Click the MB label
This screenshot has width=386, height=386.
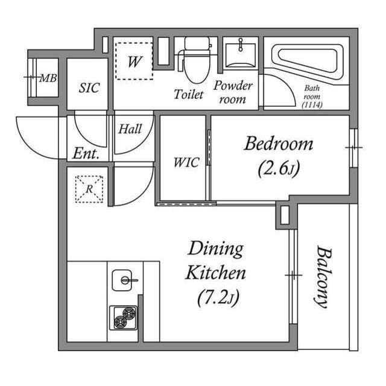pos(48,78)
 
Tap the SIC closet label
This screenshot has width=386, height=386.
pos(89,87)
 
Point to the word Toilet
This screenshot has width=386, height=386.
pos(189,94)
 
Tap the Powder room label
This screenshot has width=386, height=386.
pos(233,92)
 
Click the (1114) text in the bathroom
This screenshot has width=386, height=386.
pos(312,104)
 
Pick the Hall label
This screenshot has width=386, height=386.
pos(130,129)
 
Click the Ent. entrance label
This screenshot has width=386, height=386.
pos(86,153)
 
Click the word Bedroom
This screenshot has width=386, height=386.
pos(279,144)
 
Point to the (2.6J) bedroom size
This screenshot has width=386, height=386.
pos(278,168)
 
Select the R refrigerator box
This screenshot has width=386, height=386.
pos(89,188)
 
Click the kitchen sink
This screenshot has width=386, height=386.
pos(125,280)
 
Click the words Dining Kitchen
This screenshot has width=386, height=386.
pos(215,261)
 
